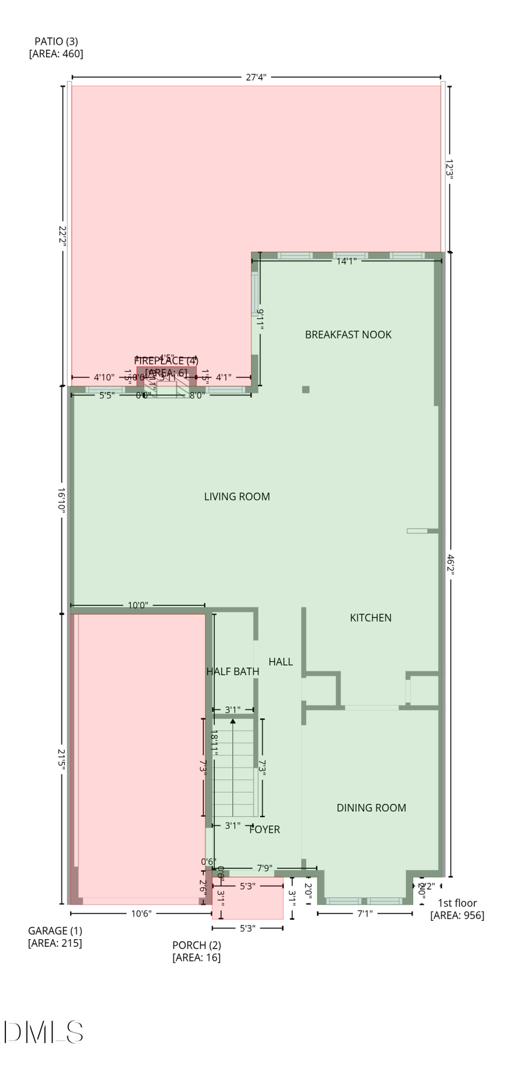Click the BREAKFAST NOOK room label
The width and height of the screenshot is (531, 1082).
348,335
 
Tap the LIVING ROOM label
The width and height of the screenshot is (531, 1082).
237,497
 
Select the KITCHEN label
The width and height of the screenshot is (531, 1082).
371,618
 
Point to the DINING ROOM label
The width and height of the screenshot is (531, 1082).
371,808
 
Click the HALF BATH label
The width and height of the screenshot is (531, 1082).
232,672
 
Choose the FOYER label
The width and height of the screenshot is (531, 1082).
264,830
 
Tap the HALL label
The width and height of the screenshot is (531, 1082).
280,662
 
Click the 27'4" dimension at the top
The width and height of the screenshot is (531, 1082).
256,77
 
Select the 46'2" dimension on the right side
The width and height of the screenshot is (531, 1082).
450,564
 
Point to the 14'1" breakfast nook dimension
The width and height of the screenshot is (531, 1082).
346,261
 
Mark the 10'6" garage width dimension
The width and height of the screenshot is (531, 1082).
141,914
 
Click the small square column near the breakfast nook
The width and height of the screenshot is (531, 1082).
306,389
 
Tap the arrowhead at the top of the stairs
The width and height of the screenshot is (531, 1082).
233,721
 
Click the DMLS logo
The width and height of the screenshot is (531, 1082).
44,1032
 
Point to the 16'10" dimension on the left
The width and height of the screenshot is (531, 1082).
62,500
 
